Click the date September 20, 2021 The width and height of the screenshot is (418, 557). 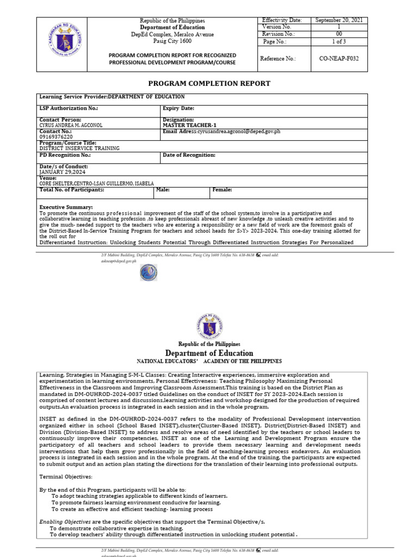coord(339,20)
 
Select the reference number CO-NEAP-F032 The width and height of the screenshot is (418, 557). coord(339,58)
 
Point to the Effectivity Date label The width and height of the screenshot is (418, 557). coord(282,20)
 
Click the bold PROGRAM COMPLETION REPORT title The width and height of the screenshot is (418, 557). coord(209,83)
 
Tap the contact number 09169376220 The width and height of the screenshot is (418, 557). coord(56,137)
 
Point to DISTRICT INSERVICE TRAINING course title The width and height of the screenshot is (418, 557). coord(79,148)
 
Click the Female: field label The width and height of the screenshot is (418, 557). coord(222,190)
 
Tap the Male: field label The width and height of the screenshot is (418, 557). coord(163,190)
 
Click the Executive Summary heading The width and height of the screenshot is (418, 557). coord(66,207)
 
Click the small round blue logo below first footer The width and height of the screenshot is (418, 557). coord(148,272)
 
